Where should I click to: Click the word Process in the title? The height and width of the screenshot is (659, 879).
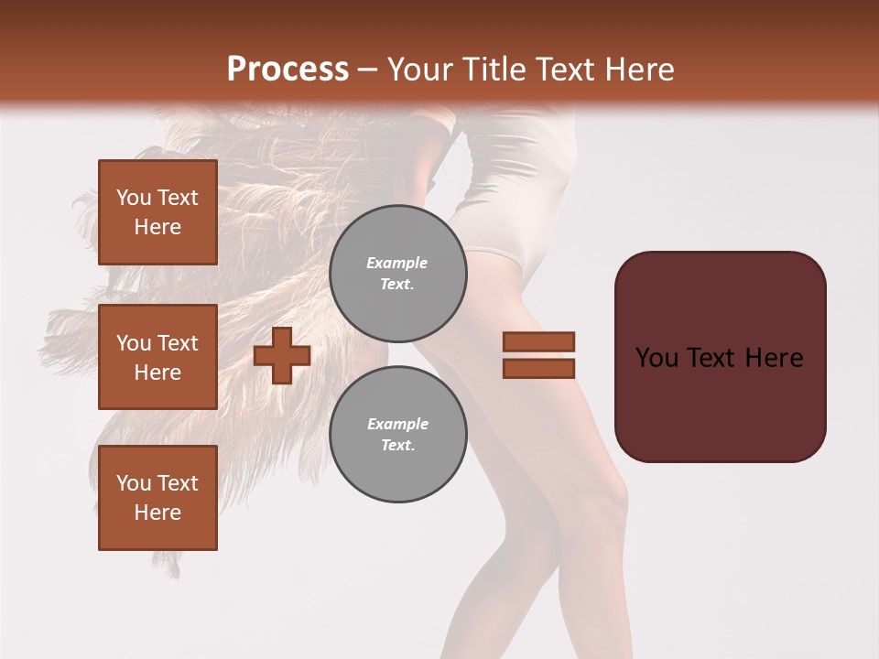pyautogui.click(x=288, y=70)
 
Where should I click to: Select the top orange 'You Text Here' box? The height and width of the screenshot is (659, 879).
pyautogui.click(x=157, y=212)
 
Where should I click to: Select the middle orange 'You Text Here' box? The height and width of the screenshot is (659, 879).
pyautogui.click(x=157, y=357)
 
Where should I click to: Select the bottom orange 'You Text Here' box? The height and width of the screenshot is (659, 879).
pyautogui.click(x=157, y=498)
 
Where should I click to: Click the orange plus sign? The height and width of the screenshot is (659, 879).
pyautogui.click(x=282, y=355)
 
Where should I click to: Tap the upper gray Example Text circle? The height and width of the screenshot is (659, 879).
pyautogui.click(x=397, y=273)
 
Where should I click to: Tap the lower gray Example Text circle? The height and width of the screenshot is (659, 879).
pyautogui.click(x=397, y=434)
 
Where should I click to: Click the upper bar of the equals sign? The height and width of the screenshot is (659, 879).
pyautogui.click(x=538, y=341)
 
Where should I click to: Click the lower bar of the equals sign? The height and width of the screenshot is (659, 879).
pyautogui.click(x=538, y=368)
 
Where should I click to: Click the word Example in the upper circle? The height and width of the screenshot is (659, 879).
pyautogui.click(x=397, y=263)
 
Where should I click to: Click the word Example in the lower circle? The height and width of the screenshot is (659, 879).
pyautogui.click(x=397, y=424)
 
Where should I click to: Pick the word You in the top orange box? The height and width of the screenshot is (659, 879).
pyautogui.click(x=133, y=198)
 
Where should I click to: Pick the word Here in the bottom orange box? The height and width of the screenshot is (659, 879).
pyautogui.click(x=157, y=513)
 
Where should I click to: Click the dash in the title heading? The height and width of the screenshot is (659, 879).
pyautogui.click(x=368, y=70)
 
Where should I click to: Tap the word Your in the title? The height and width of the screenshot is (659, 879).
pyautogui.click(x=418, y=70)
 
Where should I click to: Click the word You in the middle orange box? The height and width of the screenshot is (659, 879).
pyautogui.click(x=133, y=343)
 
